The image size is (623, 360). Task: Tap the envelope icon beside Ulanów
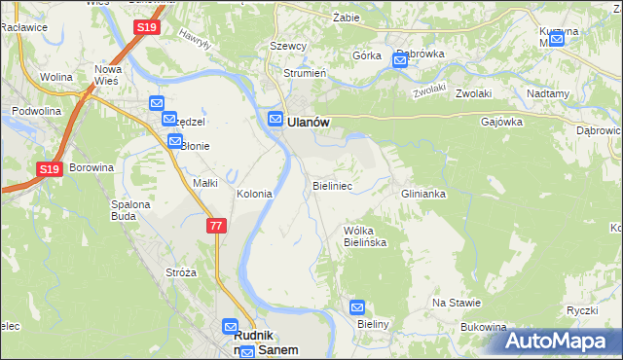click(x=275, y=120)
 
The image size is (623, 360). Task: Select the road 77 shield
click(x=217, y=226)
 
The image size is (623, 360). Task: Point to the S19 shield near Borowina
click(x=50, y=169)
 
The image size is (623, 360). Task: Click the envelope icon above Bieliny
click(x=357, y=306)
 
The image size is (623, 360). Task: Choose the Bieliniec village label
click(x=332, y=184)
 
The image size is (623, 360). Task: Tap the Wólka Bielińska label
click(x=365, y=236)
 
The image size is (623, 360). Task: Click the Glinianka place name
click(x=423, y=194)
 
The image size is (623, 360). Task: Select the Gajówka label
click(x=502, y=123)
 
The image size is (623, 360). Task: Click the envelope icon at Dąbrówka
click(x=400, y=61)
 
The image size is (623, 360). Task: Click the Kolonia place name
click(x=254, y=194)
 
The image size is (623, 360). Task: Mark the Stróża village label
click(x=182, y=272)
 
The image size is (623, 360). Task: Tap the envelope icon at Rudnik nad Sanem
click(x=231, y=328)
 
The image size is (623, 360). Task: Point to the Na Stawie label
click(x=452, y=303)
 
